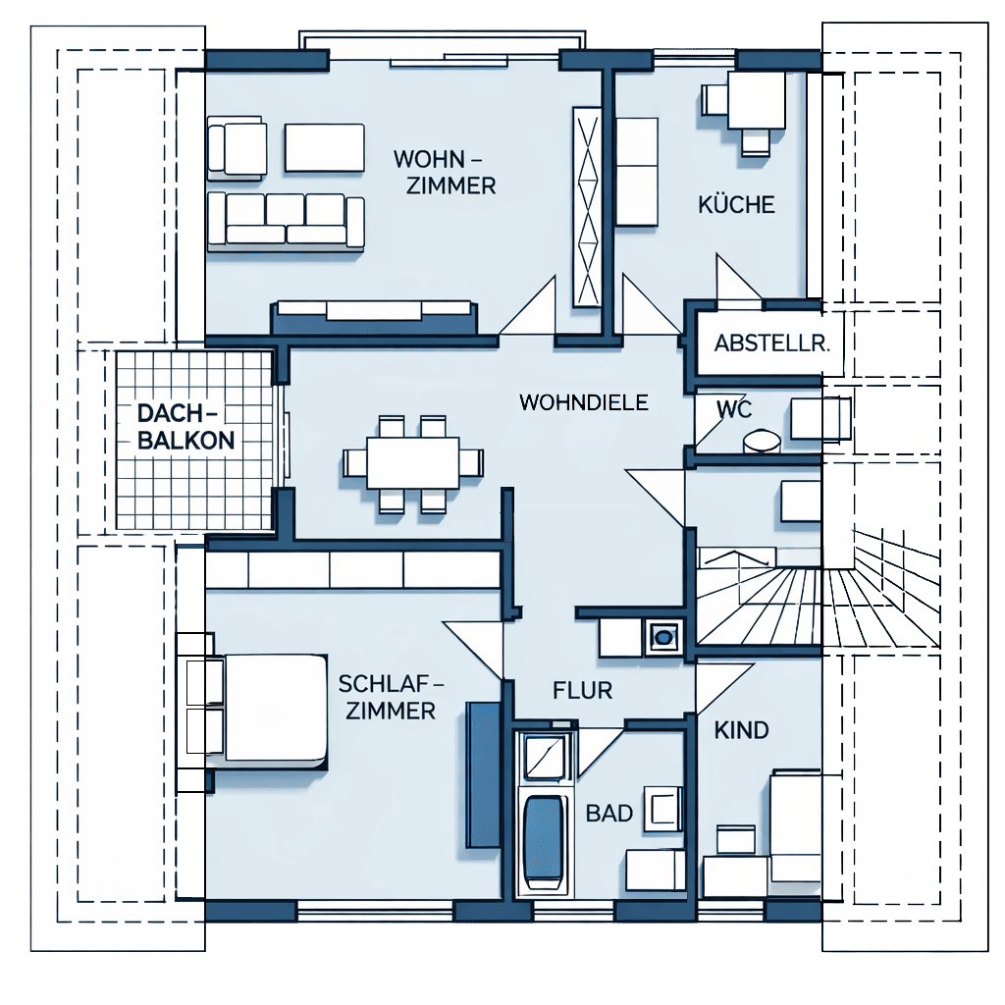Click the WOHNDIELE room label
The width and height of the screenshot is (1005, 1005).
[x=583, y=402]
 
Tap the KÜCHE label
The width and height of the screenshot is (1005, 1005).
[x=736, y=204]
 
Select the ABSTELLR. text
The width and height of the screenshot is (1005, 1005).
[x=771, y=344]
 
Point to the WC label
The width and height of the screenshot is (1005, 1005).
[x=734, y=408]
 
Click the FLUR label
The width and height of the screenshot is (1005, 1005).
[x=583, y=690]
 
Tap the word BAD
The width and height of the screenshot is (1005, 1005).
[x=609, y=814]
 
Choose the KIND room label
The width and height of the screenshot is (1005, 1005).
[x=742, y=730]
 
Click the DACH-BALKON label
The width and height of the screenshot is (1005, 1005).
[x=185, y=427]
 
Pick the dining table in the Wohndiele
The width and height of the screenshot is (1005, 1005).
[x=413, y=462]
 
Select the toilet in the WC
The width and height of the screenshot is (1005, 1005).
[x=762, y=442]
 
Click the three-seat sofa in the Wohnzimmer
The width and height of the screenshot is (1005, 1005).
[x=286, y=221]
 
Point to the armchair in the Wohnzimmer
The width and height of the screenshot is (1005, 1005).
[x=237, y=148]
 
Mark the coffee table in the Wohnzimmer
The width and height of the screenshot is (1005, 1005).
[x=324, y=148]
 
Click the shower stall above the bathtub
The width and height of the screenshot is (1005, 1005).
[x=545, y=758]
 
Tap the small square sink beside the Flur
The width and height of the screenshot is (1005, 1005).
[x=662, y=638]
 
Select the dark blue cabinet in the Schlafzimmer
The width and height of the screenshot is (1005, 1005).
[x=483, y=775]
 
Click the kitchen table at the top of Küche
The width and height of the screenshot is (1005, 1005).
[x=757, y=100]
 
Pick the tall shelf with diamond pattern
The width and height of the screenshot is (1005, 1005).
[x=587, y=206]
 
